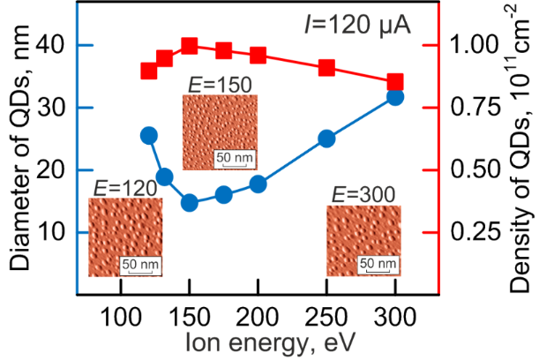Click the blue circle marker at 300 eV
point(395,96)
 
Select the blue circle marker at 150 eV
point(189,203)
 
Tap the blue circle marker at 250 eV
point(326,139)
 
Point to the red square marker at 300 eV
point(395,82)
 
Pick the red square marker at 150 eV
point(189,46)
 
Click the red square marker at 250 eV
point(326,68)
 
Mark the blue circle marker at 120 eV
point(149,135)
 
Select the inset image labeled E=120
point(125,238)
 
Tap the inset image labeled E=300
point(363,241)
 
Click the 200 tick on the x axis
point(258,316)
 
